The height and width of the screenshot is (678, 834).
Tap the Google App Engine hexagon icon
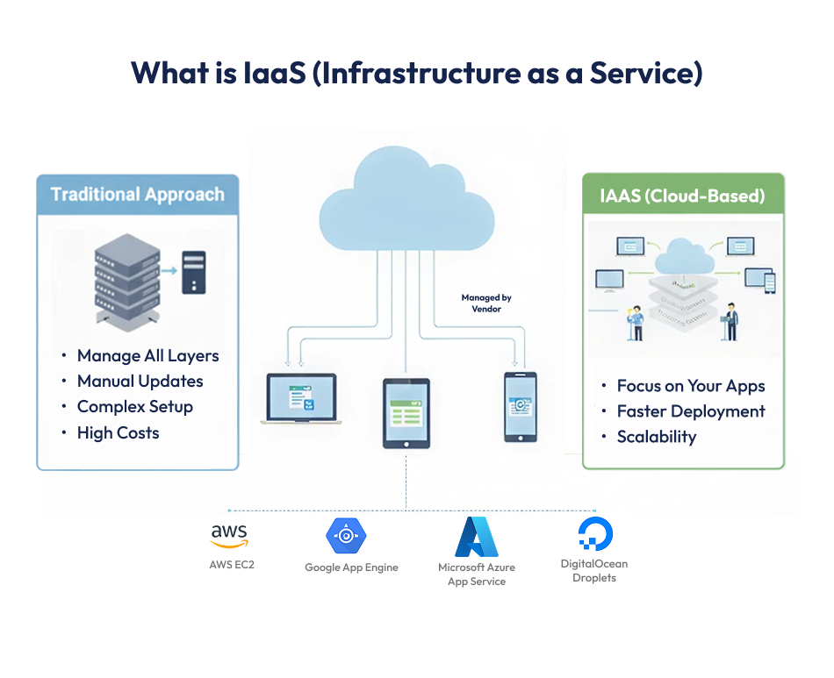(346, 535)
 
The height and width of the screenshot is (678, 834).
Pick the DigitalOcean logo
(595, 534)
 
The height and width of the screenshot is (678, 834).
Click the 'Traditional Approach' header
(138, 195)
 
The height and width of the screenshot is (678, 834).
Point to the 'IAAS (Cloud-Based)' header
(682, 196)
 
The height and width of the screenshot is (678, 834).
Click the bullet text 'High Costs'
(118, 432)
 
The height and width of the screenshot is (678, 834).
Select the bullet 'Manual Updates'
(140, 382)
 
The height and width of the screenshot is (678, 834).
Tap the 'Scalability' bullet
(656, 437)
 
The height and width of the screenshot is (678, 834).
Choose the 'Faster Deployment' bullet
(690, 411)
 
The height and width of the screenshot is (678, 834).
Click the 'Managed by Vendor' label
(486, 303)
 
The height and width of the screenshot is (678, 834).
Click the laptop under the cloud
(299, 400)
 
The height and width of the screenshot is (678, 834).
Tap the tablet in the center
(406, 413)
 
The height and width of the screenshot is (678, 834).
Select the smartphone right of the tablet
(520, 407)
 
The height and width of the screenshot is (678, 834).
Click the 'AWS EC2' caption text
(232, 565)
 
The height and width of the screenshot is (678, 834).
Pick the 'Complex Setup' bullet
(134, 407)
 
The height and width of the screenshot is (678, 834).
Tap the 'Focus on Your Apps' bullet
(690, 386)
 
